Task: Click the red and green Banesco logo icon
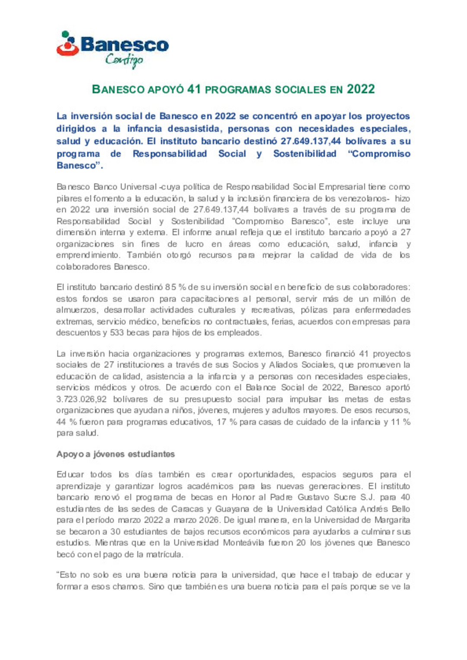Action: [x=67, y=44]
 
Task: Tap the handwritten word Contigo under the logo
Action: [x=124, y=60]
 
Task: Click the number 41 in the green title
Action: [x=194, y=89]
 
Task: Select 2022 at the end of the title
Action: [x=361, y=89]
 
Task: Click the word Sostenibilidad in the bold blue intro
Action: [x=304, y=154]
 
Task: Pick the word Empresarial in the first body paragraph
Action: [x=342, y=187]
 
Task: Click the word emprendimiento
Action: [x=87, y=255]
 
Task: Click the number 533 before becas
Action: [x=116, y=333]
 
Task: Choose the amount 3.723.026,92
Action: [x=81, y=400]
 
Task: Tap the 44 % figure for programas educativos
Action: [x=66, y=422]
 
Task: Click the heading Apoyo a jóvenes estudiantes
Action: [x=115, y=454]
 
